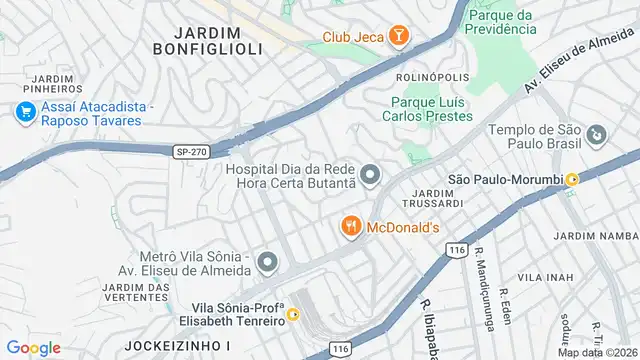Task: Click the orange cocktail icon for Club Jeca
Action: [399, 38]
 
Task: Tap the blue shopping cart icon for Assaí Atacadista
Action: [24, 112]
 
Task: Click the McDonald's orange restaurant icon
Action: [350, 227]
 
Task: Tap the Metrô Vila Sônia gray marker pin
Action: [266, 263]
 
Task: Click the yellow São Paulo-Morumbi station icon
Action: [572, 179]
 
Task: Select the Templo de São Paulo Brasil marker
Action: [596, 133]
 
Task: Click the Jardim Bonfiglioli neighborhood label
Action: [208, 39]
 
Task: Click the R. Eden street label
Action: [505, 297]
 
